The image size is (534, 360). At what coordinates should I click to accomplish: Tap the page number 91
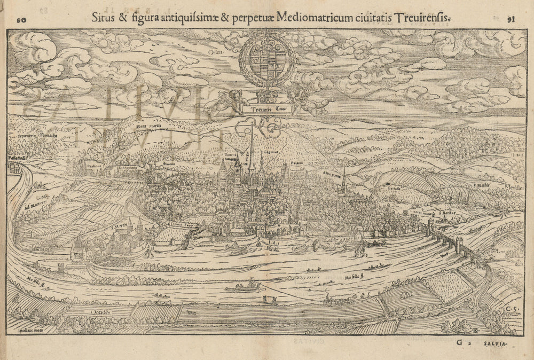[x=510, y=19]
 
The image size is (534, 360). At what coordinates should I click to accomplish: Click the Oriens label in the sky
[x=216, y=52]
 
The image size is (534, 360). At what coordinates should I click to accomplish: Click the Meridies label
[x=514, y=188]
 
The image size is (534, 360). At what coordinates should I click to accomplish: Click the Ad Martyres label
[x=34, y=206]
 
